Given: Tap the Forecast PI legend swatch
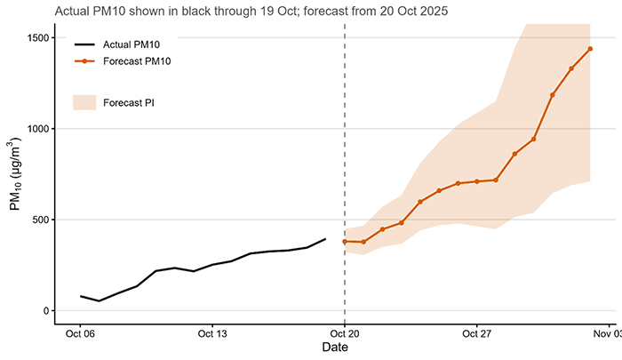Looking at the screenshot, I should [x=84, y=102].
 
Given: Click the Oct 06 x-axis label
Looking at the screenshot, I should [x=80, y=334].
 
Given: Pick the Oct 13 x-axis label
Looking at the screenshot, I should [x=212, y=334].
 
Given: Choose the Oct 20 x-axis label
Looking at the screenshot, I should [x=345, y=334].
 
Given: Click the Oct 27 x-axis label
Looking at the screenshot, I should [x=477, y=334].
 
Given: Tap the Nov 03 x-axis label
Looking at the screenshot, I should [x=608, y=334].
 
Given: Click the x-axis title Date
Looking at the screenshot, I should [x=335, y=349].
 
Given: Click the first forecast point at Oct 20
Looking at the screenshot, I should [x=345, y=241].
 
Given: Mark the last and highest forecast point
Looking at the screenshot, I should [x=590, y=49].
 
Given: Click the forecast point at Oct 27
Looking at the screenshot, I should [x=477, y=181].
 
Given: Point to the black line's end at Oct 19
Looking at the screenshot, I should [x=326, y=238].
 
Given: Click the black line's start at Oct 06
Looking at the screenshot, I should [x=80, y=296].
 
